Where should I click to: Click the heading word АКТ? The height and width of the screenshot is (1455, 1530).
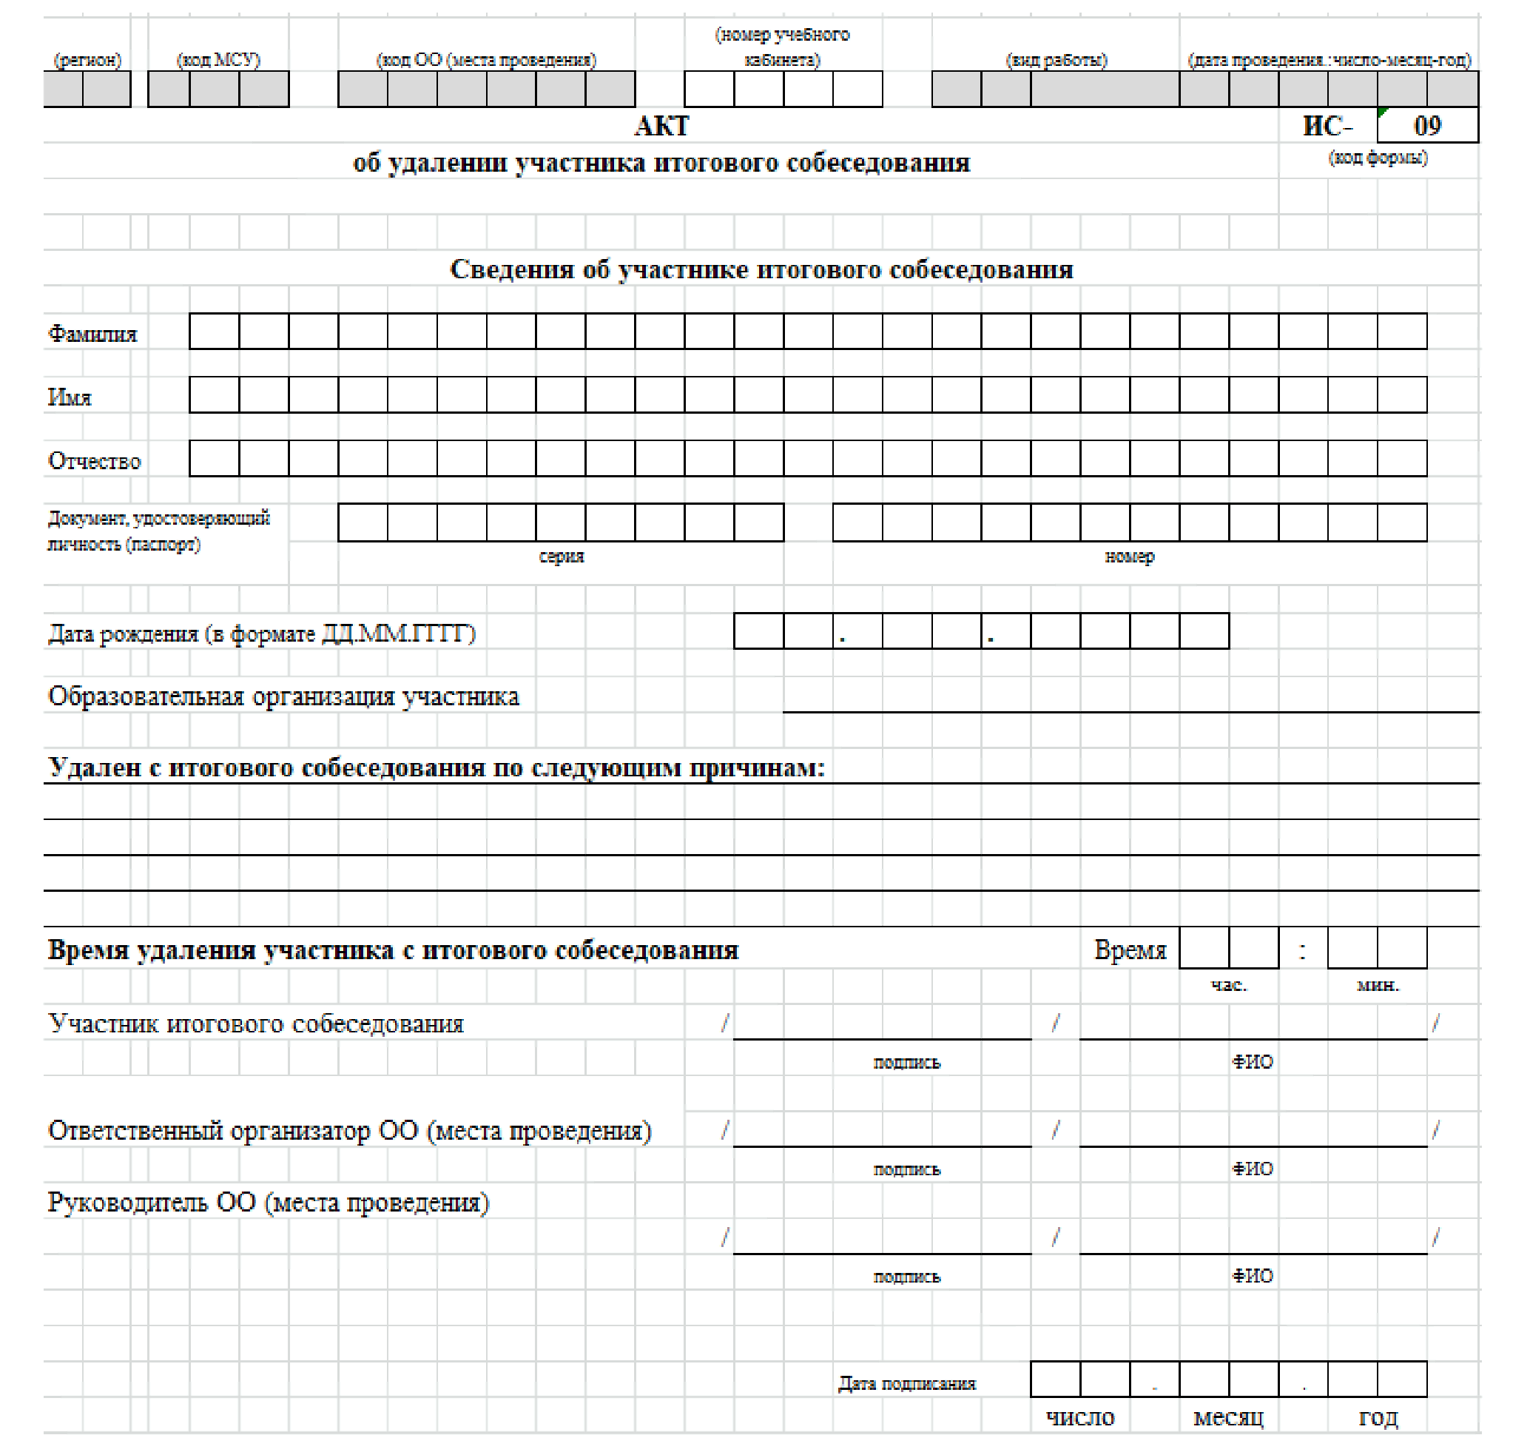click(661, 126)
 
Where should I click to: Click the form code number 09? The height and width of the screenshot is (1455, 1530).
click(1427, 126)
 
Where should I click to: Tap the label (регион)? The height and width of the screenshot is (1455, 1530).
click(87, 60)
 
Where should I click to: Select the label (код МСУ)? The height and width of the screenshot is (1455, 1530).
click(218, 60)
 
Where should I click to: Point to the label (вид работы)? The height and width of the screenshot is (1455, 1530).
click(1056, 60)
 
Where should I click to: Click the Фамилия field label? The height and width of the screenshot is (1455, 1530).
click(92, 334)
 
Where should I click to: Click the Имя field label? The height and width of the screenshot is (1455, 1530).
click(70, 397)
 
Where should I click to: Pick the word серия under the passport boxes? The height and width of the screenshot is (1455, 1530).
click(561, 556)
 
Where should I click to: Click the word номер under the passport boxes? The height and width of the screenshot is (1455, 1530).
click(1129, 556)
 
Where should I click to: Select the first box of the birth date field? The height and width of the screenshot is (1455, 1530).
click(758, 631)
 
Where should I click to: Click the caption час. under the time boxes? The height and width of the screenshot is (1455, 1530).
click(1228, 986)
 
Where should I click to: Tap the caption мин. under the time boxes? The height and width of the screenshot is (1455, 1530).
click(1378, 986)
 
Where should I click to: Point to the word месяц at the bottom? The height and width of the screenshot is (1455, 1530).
click(1228, 1418)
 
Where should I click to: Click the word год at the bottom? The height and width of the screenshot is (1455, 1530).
click(1378, 1418)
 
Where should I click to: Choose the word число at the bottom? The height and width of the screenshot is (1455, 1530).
click(1080, 1418)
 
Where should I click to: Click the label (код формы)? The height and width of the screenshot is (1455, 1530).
click(1378, 158)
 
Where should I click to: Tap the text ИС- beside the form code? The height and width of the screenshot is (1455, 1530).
click(1327, 126)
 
